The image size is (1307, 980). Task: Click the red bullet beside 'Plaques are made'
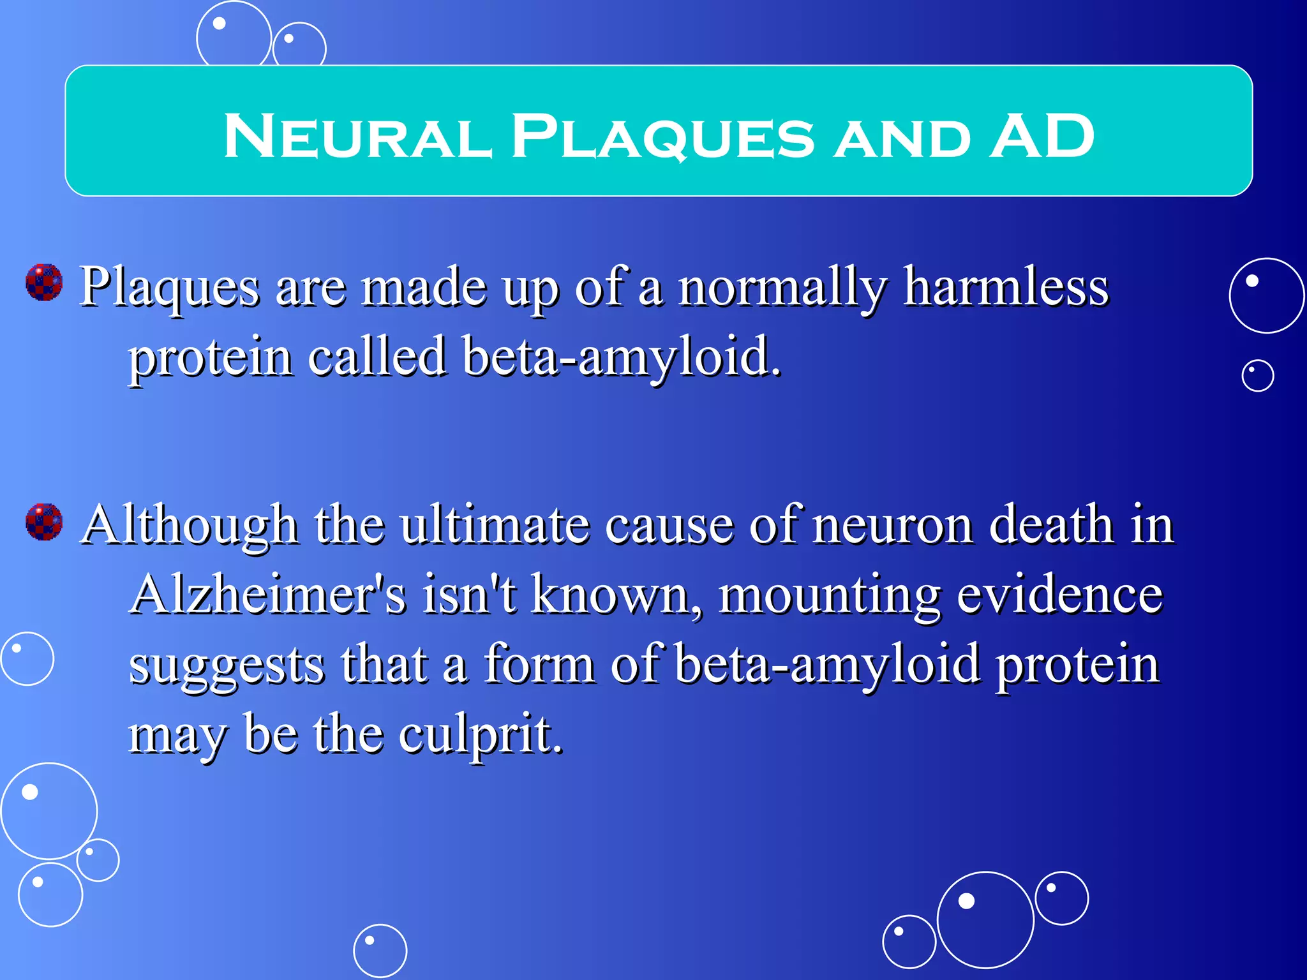coord(44,282)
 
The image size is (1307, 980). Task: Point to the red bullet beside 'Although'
coord(44,521)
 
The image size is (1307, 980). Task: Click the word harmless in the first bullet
coord(1006,287)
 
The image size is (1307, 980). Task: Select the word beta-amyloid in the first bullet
coord(622,356)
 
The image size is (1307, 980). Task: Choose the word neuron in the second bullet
coord(893,524)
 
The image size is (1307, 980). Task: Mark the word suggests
coord(227,665)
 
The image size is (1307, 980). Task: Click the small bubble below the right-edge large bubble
coord(1257,376)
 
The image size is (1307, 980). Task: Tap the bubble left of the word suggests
coord(27,658)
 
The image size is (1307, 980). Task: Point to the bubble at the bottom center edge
coord(380,951)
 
